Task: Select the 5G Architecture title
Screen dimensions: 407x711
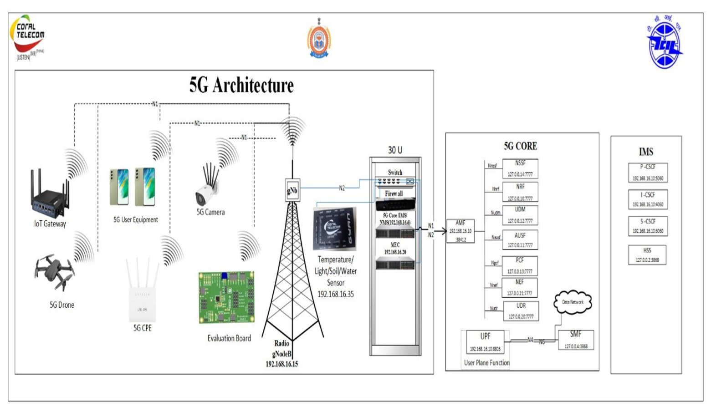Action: click(241, 85)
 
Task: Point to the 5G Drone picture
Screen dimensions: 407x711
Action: click(55, 272)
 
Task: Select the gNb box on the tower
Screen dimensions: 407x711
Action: click(292, 190)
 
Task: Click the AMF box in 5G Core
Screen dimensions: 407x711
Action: click(460, 231)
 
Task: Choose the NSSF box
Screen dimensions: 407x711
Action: click(520, 168)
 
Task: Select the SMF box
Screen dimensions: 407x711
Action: click(576, 340)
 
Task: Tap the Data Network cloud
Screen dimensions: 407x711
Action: click(573, 302)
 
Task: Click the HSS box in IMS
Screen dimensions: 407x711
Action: click(647, 255)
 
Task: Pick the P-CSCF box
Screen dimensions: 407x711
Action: click(648, 173)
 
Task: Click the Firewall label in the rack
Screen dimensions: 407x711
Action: click(394, 194)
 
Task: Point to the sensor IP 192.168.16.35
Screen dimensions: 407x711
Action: click(336, 294)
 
